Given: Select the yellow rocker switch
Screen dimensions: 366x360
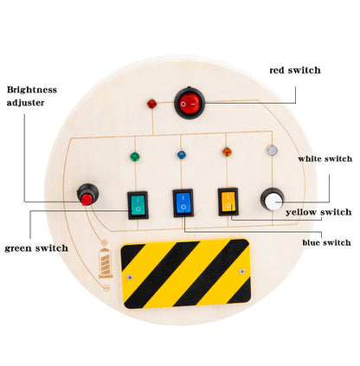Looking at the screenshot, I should (228, 202).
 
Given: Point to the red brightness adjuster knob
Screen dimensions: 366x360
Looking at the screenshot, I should (87, 197).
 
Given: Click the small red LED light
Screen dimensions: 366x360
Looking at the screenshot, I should (152, 105).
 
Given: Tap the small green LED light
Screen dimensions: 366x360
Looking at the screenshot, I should (133, 157).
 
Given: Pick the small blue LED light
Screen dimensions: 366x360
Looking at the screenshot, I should (182, 156).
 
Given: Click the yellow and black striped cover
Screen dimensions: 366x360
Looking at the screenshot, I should (185, 273).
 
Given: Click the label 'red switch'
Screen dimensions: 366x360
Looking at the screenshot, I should (294, 69).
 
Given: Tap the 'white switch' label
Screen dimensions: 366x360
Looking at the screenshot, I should (325, 158).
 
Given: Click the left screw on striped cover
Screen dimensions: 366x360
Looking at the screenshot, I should (131, 277).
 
